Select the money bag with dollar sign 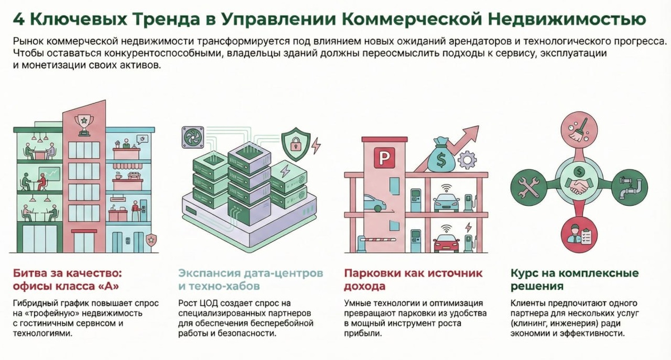tap(442, 157)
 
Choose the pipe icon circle tap(630, 186)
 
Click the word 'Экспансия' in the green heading tap(209, 274)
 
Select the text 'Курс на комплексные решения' tap(574, 280)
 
